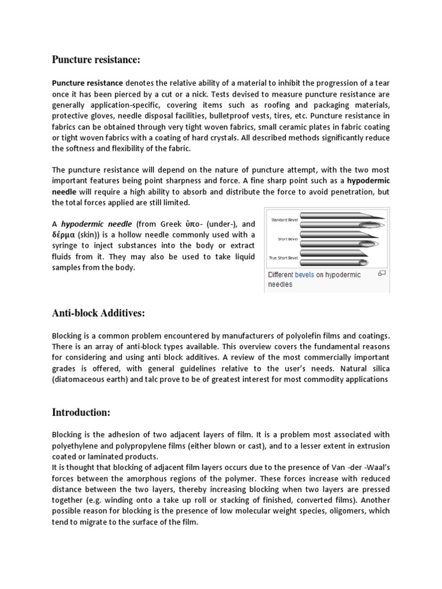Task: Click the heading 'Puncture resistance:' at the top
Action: (x=96, y=60)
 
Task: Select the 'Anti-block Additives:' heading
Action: (x=98, y=313)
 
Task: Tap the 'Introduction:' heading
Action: (x=82, y=412)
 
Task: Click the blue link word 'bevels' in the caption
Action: (x=304, y=275)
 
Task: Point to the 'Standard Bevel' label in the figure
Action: (x=283, y=220)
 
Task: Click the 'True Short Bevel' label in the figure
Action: (x=284, y=258)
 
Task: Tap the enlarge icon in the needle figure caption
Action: (x=381, y=273)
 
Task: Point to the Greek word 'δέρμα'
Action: (x=66, y=235)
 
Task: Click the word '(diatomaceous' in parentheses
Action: (x=80, y=379)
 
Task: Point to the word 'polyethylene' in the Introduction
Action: (x=75, y=445)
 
